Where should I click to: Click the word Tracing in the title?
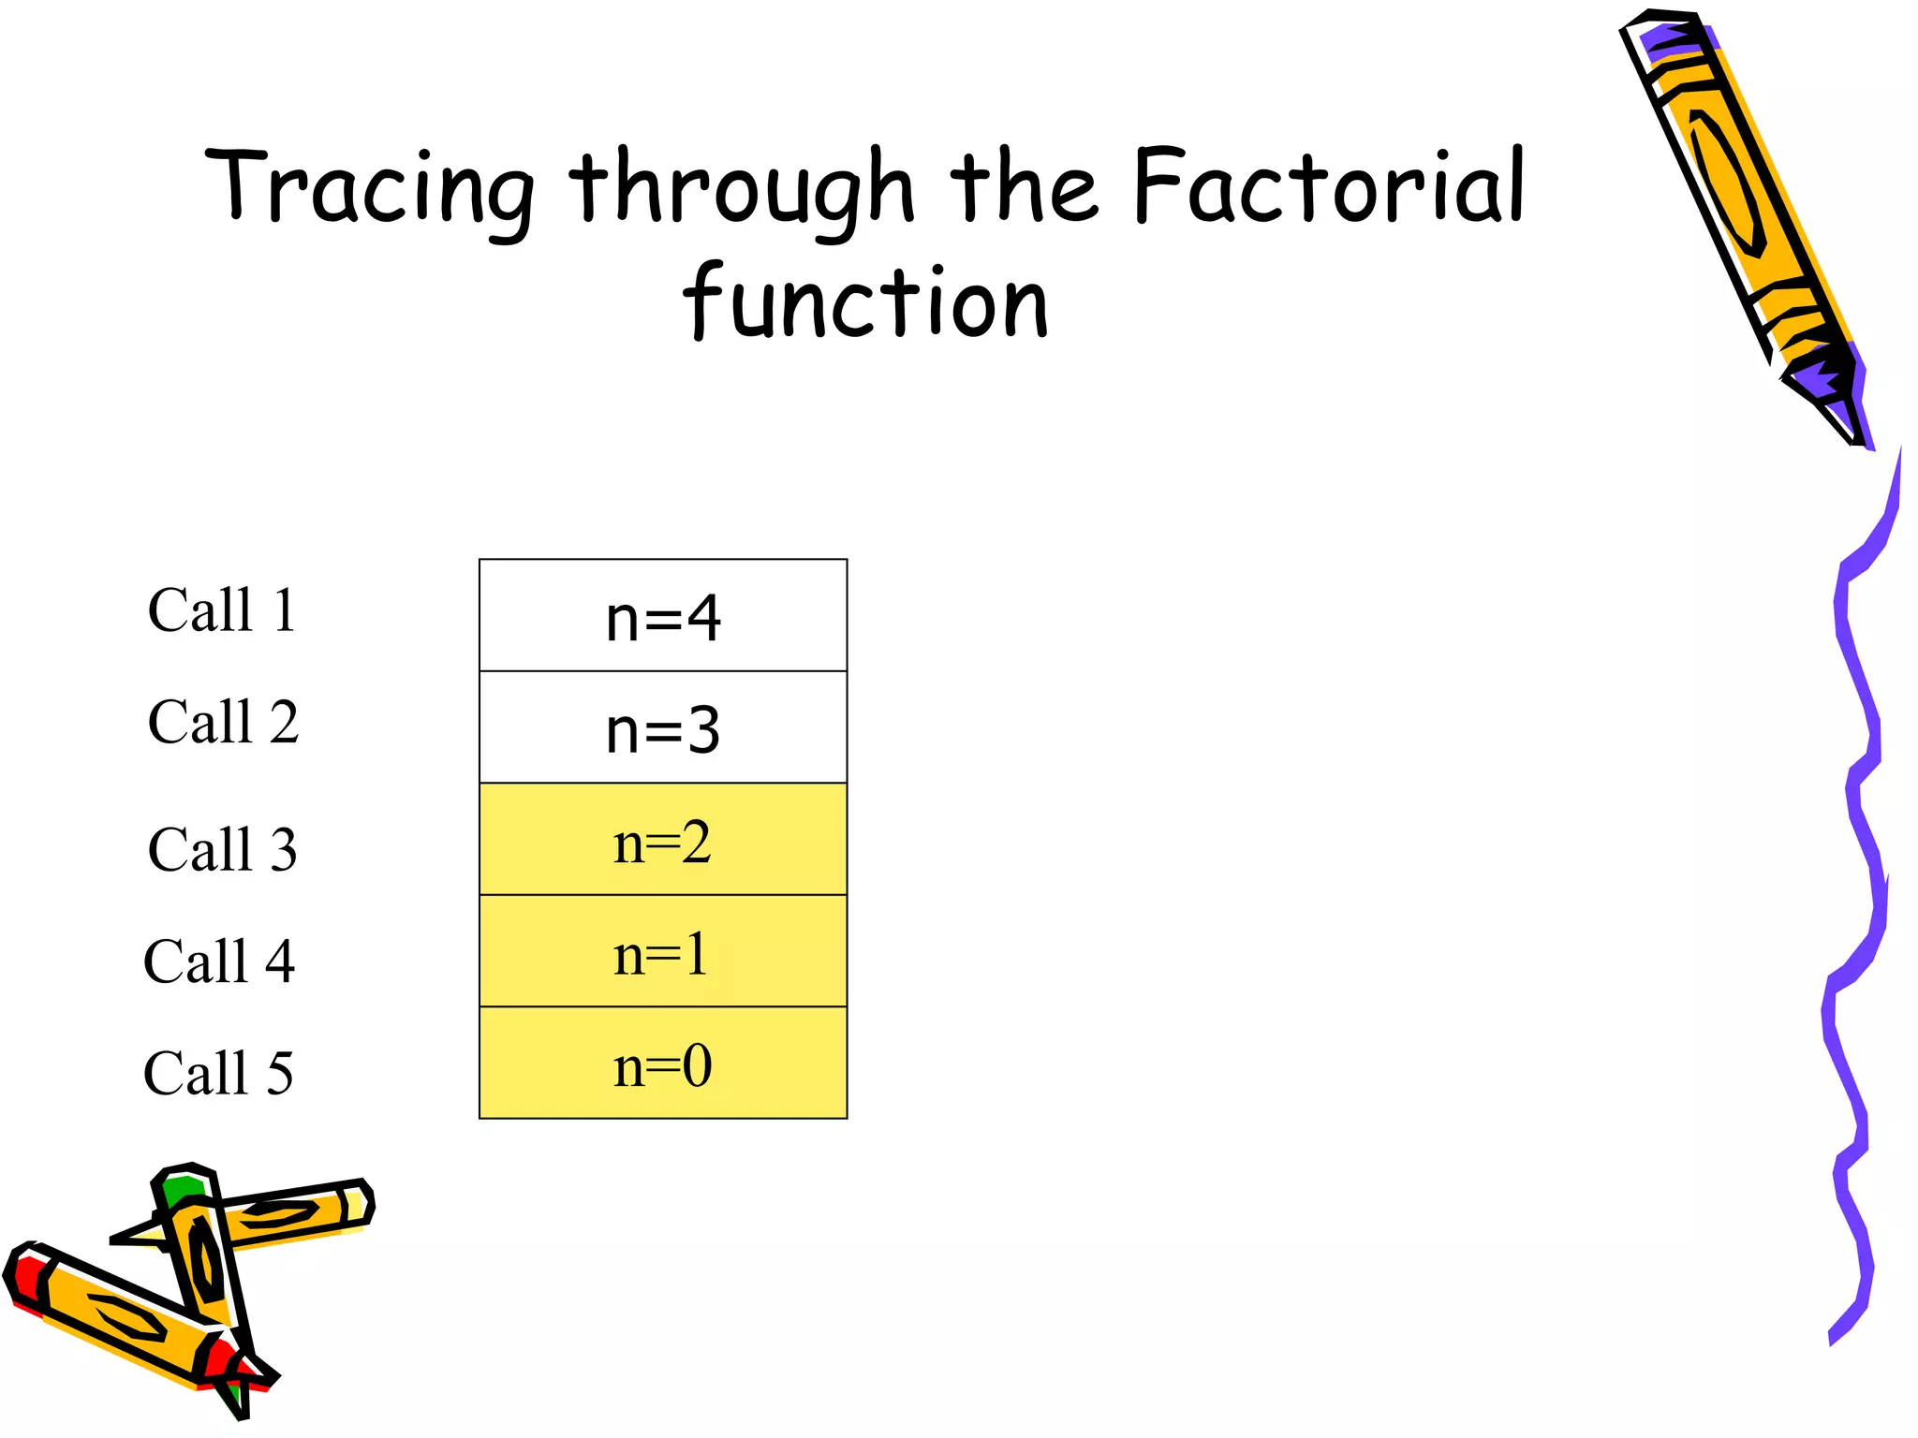click(370, 188)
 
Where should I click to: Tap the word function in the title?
click(865, 301)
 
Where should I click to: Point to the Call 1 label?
click(223, 610)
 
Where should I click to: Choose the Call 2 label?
click(223, 722)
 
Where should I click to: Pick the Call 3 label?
click(223, 849)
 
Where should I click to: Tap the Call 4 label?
click(219, 961)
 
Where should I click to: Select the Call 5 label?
click(218, 1073)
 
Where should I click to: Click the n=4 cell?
click(663, 616)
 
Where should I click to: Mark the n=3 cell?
click(663, 727)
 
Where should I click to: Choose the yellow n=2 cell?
click(663, 840)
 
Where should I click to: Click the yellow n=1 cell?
click(663, 951)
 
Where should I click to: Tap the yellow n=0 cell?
click(663, 1064)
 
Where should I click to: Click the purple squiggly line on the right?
click(1859, 843)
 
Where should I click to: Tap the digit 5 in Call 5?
click(280, 1073)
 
